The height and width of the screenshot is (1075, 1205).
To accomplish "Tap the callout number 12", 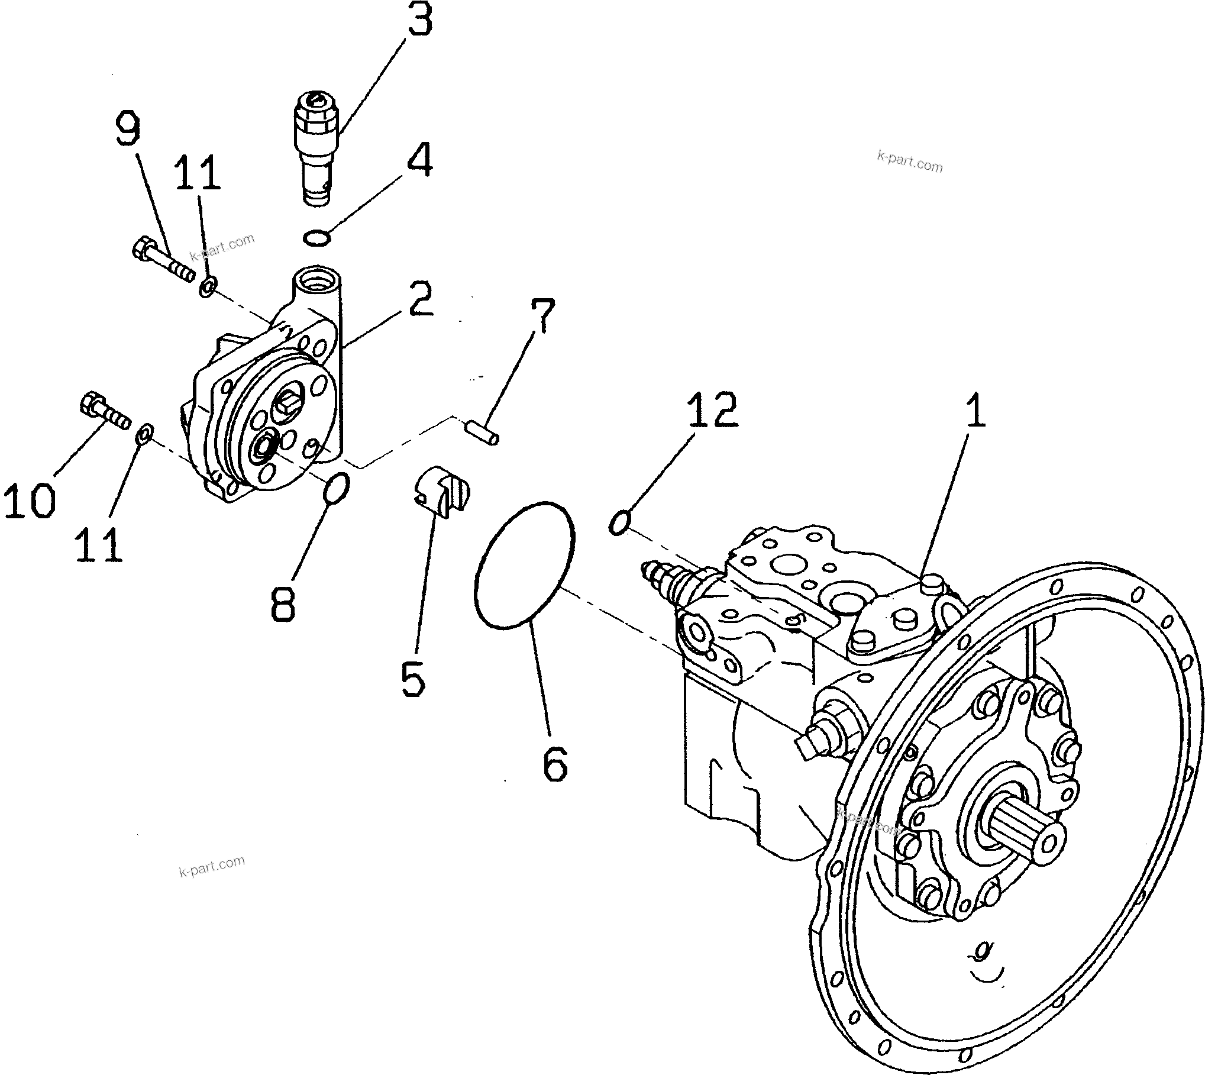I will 712,409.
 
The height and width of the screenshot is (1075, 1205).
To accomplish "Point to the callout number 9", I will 128,130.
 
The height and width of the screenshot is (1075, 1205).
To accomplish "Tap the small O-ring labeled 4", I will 317,238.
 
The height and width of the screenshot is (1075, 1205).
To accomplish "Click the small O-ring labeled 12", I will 619,524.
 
